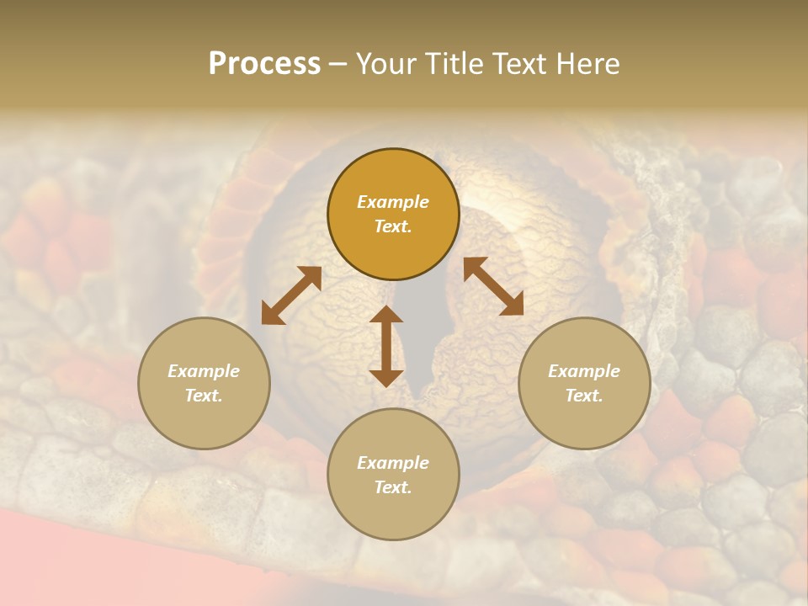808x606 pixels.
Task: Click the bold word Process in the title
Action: tap(264, 64)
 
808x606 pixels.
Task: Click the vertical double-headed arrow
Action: tap(386, 346)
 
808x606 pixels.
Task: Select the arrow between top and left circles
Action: tap(291, 295)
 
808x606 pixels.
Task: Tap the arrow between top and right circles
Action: tap(493, 286)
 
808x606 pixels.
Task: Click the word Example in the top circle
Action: tap(393, 202)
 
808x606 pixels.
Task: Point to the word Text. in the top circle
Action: tap(393, 226)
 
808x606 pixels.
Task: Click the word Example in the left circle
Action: tap(204, 371)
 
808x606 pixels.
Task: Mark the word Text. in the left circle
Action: tap(204, 396)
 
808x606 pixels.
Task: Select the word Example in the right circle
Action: tap(584, 371)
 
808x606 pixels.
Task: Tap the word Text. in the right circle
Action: tap(584, 396)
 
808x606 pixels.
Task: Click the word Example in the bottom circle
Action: tap(393, 463)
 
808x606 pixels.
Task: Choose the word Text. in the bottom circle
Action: tap(393, 487)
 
